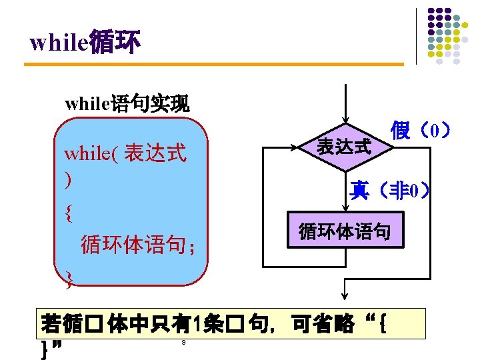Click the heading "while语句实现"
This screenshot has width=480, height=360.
[x=127, y=104]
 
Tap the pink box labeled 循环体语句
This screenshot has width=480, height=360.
[x=345, y=232]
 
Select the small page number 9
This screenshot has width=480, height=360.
[x=183, y=343]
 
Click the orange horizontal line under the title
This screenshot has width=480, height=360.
[x=213, y=64]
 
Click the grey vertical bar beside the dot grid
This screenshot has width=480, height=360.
[x=417, y=36]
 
